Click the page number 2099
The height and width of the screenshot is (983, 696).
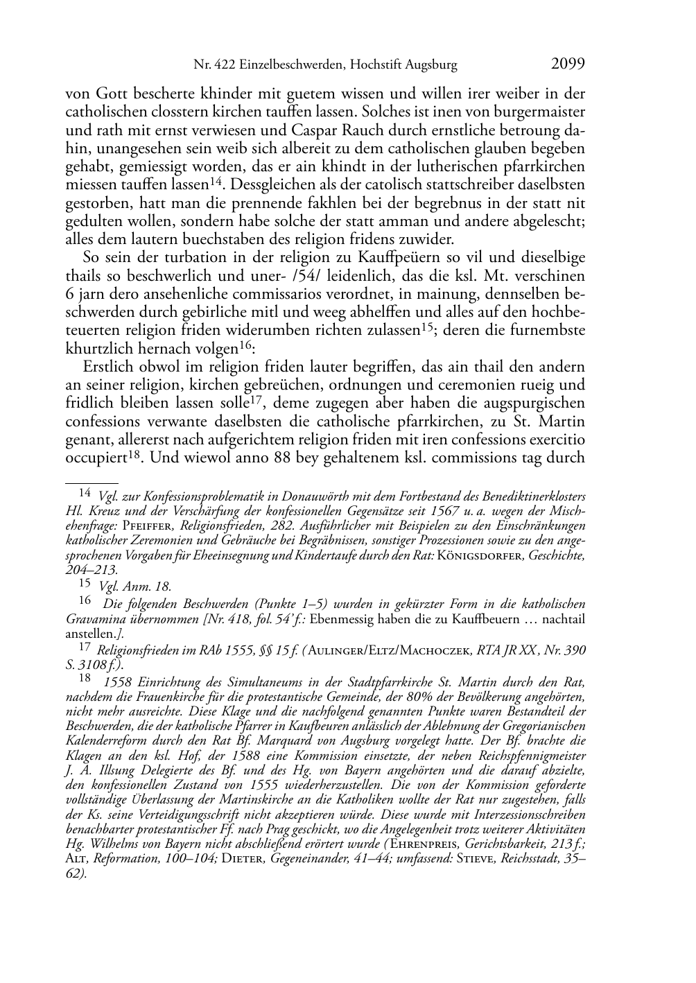pos(568,64)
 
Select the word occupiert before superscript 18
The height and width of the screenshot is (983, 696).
pos(96,458)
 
